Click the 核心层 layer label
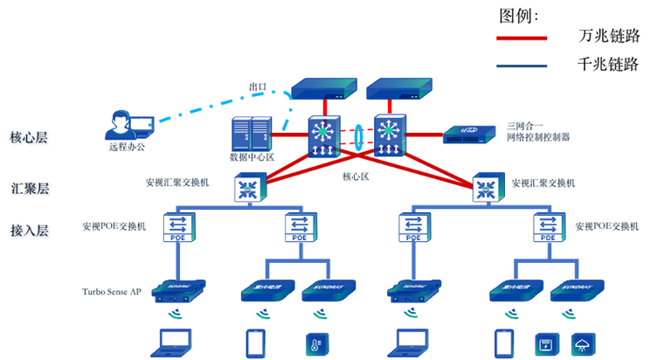coord(31,138)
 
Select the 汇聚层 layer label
coord(31,188)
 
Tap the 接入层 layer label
coord(31,231)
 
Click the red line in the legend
coord(522,39)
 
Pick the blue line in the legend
coord(522,66)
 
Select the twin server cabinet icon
coord(250,138)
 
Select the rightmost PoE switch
coord(547,227)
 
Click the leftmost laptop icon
coord(175,341)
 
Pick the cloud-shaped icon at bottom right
coord(583,342)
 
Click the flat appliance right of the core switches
coord(471,134)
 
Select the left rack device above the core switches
coord(324,87)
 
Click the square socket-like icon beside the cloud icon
coord(546,342)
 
